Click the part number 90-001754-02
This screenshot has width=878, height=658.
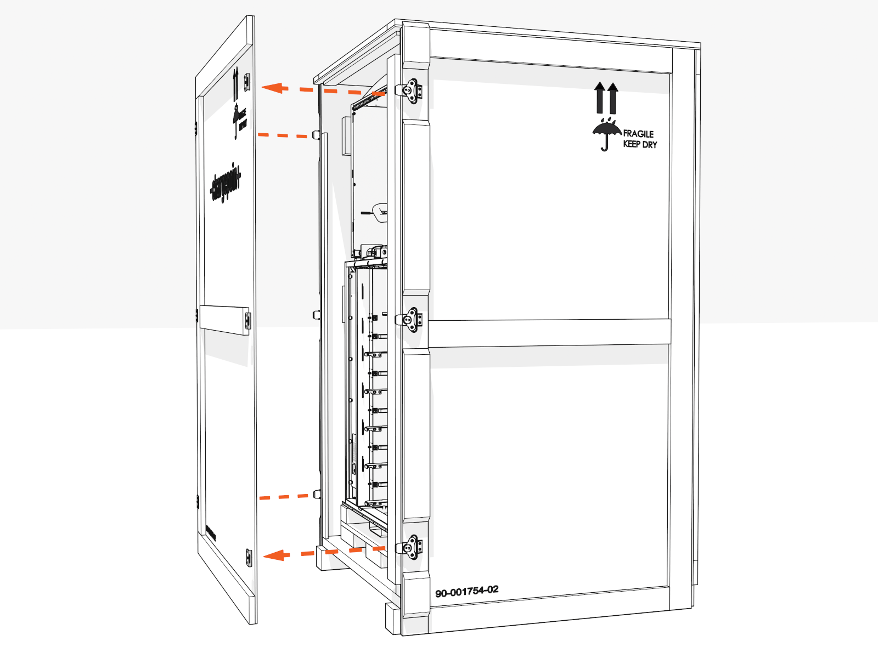pyautogui.click(x=467, y=592)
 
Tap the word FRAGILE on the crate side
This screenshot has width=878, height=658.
pyautogui.click(x=638, y=134)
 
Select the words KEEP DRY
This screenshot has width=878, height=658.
pyautogui.click(x=640, y=144)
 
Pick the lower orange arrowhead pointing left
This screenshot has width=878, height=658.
pyautogui.click(x=276, y=555)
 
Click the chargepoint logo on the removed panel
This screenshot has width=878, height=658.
pyautogui.click(x=226, y=183)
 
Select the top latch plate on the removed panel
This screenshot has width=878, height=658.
pyautogui.click(x=247, y=82)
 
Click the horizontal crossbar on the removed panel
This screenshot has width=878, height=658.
pyautogui.click(x=224, y=319)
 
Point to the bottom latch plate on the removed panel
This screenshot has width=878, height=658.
pyautogui.click(x=249, y=558)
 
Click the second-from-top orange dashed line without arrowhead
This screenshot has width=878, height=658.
pyautogui.click(x=283, y=135)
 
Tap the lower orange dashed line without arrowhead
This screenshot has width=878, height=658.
pyautogui.click(x=284, y=497)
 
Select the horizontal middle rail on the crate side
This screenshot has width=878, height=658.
pyautogui.click(x=549, y=332)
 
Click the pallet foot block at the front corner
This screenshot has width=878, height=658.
pyautogui.click(x=392, y=619)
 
